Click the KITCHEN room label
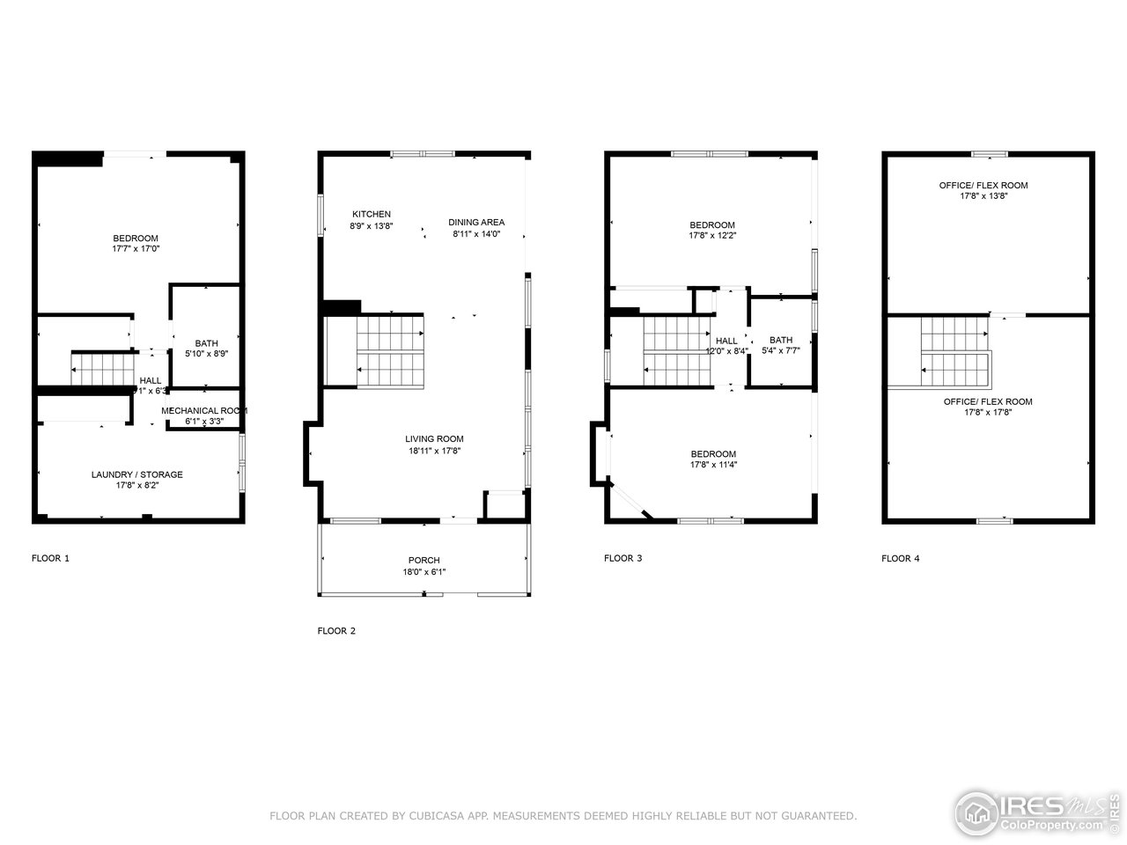pyautogui.click(x=371, y=214)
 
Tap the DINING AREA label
pyautogui.click(x=475, y=222)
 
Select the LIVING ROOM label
pyautogui.click(x=434, y=438)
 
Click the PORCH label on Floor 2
pyautogui.click(x=424, y=560)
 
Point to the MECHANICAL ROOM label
pyautogui.click(x=203, y=410)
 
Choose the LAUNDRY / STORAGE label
pyautogui.click(x=137, y=474)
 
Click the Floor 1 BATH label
pyautogui.click(x=206, y=343)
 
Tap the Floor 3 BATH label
pyautogui.click(x=780, y=340)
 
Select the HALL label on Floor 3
pyautogui.click(x=726, y=341)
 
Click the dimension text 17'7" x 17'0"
pyautogui.click(x=136, y=249)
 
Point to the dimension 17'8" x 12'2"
pyautogui.click(x=712, y=236)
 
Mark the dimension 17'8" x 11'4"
pyautogui.click(x=712, y=465)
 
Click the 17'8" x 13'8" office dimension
pyautogui.click(x=983, y=196)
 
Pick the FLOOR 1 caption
pyautogui.click(x=50, y=558)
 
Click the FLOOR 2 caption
pyautogui.click(x=336, y=631)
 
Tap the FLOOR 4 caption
pyautogui.click(x=900, y=558)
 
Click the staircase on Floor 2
pyautogui.click(x=389, y=350)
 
